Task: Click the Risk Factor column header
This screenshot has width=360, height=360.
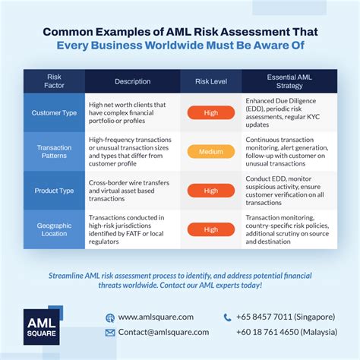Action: (x=54, y=81)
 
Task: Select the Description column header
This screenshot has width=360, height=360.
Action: (x=132, y=81)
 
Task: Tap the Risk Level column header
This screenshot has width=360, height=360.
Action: (x=210, y=81)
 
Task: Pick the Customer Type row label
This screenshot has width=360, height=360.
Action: (x=54, y=113)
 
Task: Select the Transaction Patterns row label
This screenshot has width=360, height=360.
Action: (x=54, y=151)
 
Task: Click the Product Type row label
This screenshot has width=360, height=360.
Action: (x=54, y=190)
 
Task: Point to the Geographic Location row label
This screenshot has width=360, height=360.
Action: (x=54, y=229)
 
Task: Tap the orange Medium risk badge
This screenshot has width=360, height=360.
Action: (x=210, y=151)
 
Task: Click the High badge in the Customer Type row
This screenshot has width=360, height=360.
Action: (x=210, y=113)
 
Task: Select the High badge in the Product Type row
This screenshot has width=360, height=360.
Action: (x=210, y=190)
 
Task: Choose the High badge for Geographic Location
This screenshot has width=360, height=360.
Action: (x=210, y=229)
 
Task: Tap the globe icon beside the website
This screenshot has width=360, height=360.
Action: (x=110, y=317)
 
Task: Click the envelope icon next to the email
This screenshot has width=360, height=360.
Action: (x=110, y=332)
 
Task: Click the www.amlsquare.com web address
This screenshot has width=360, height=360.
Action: (x=156, y=317)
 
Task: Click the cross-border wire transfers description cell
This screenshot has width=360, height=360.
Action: (x=132, y=190)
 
